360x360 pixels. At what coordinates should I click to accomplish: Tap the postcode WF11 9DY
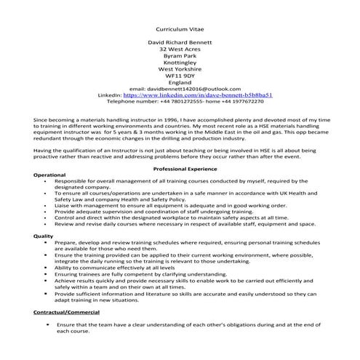point(180,75)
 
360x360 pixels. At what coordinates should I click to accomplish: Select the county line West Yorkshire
point(180,68)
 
